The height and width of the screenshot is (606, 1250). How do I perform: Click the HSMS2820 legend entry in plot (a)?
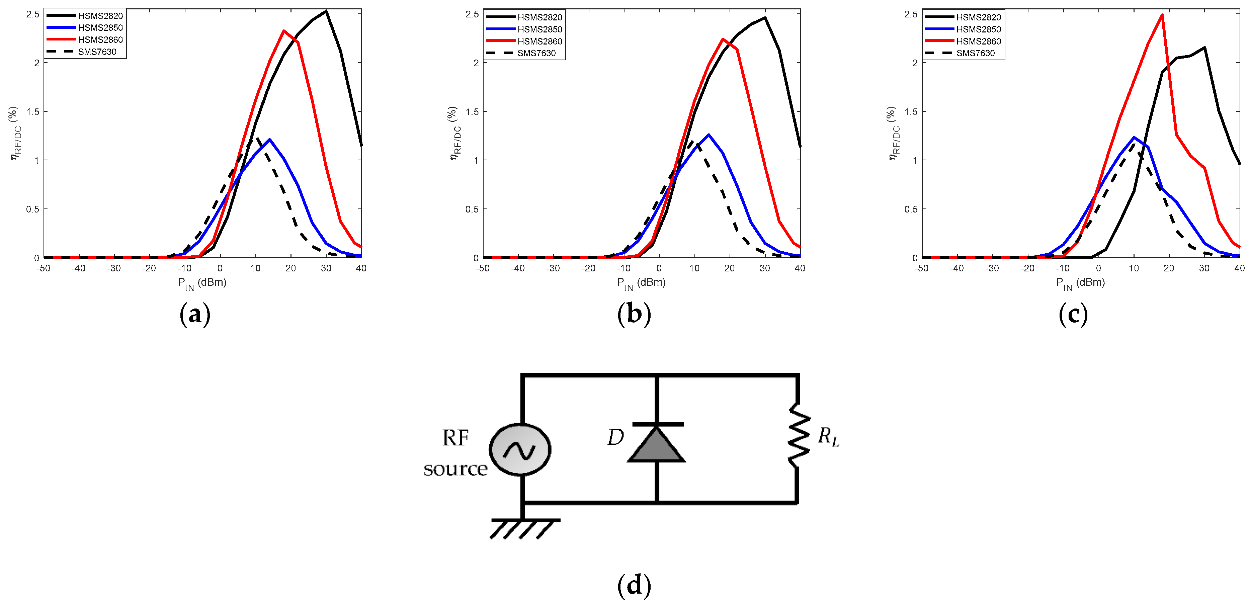(100, 16)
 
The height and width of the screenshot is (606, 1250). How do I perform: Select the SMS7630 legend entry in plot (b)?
(536, 53)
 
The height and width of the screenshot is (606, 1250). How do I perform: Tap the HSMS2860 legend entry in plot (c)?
(978, 41)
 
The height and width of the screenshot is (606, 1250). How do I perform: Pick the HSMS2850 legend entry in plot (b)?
(539, 29)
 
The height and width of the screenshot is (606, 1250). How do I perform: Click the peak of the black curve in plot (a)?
(326, 11)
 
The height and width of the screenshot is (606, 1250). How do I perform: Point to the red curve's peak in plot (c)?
(1162, 15)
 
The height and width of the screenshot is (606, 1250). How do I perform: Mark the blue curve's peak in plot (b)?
(709, 135)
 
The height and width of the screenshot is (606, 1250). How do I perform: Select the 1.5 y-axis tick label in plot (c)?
(911, 111)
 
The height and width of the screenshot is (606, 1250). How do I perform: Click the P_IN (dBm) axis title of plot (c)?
(1080, 283)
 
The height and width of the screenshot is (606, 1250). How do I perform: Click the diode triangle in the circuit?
(657, 445)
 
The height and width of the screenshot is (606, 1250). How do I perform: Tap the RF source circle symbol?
(520, 449)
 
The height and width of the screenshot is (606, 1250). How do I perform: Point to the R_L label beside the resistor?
(828, 436)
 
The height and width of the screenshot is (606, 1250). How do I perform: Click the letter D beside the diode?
(615, 438)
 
